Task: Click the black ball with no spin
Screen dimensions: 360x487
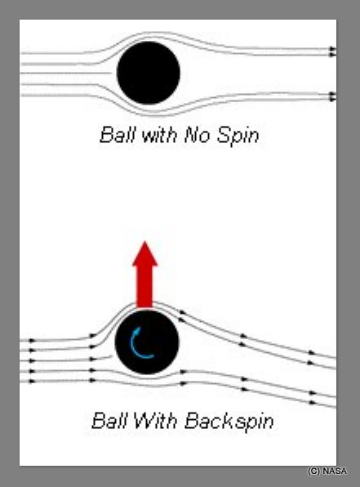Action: tap(149, 73)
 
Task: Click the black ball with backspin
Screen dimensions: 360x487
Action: tap(147, 342)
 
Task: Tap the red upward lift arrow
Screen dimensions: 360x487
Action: tap(144, 275)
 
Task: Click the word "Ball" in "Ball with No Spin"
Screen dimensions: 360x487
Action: tap(118, 135)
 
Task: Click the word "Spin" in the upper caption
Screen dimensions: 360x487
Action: tap(238, 136)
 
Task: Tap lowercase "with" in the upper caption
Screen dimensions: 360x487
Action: tap(159, 135)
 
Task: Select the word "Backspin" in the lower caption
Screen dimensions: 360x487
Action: tap(229, 422)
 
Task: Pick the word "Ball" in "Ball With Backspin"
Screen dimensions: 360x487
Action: tap(109, 421)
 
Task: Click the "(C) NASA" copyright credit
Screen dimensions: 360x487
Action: tap(327, 471)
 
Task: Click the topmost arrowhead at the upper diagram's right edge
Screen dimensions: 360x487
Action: tap(333, 49)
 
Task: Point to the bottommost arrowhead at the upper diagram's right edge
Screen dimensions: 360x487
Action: tap(333, 99)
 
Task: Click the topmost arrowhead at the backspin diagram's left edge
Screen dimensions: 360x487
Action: tap(33, 341)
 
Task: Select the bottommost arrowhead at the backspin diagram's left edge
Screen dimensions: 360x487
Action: tap(33, 381)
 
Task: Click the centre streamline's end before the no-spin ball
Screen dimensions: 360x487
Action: tap(111, 74)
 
